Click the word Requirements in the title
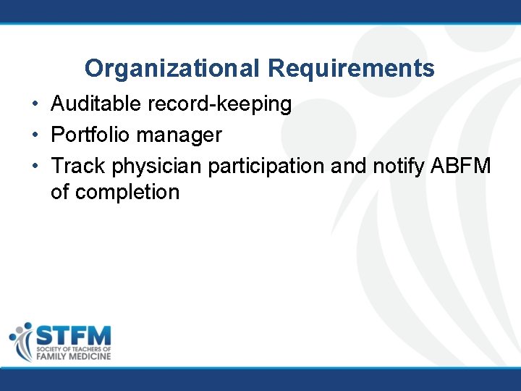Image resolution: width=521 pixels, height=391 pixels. pos(351,69)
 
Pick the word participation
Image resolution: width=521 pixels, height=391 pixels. pos(266,167)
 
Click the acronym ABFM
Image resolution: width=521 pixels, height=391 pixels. pos(461,166)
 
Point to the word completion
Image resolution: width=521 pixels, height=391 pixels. pos(127,193)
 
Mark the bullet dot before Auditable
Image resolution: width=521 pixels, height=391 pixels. pos(35,105)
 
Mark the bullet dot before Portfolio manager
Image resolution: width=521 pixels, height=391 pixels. pos(35,135)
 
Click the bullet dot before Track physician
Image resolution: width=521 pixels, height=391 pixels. pos(35,167)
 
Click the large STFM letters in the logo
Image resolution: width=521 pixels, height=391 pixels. pos(73,336)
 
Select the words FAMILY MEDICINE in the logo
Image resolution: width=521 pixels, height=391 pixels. pos(73,357)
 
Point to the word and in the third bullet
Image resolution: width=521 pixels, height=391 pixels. pos(347,166)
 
